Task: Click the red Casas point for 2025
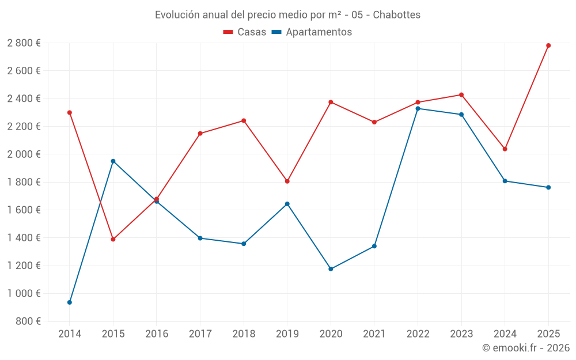tap(548, 46)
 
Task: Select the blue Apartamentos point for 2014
tap(70, 302)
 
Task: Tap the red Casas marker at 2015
tap(113, 239)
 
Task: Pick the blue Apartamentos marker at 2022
tap(418, 108)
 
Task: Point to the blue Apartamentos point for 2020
tap(331, 269)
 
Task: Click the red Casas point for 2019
tap(287, 181)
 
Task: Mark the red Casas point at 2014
tap(70, 112)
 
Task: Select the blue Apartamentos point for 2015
tap(113, 161)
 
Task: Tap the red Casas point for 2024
tap(505, 149)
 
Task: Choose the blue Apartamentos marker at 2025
tap(548, 187)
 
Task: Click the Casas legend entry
tap(245, 32)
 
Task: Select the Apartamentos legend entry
tap(312, 32)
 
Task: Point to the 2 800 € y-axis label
tap(24, 43)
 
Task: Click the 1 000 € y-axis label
tap(24, 293)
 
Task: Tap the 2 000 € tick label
tap(24, 154)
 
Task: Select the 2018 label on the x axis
tap(243, 334)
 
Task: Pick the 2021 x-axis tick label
tap(374, 334)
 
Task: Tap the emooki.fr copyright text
tap(525, 348)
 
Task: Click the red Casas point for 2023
tap(461, 95)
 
